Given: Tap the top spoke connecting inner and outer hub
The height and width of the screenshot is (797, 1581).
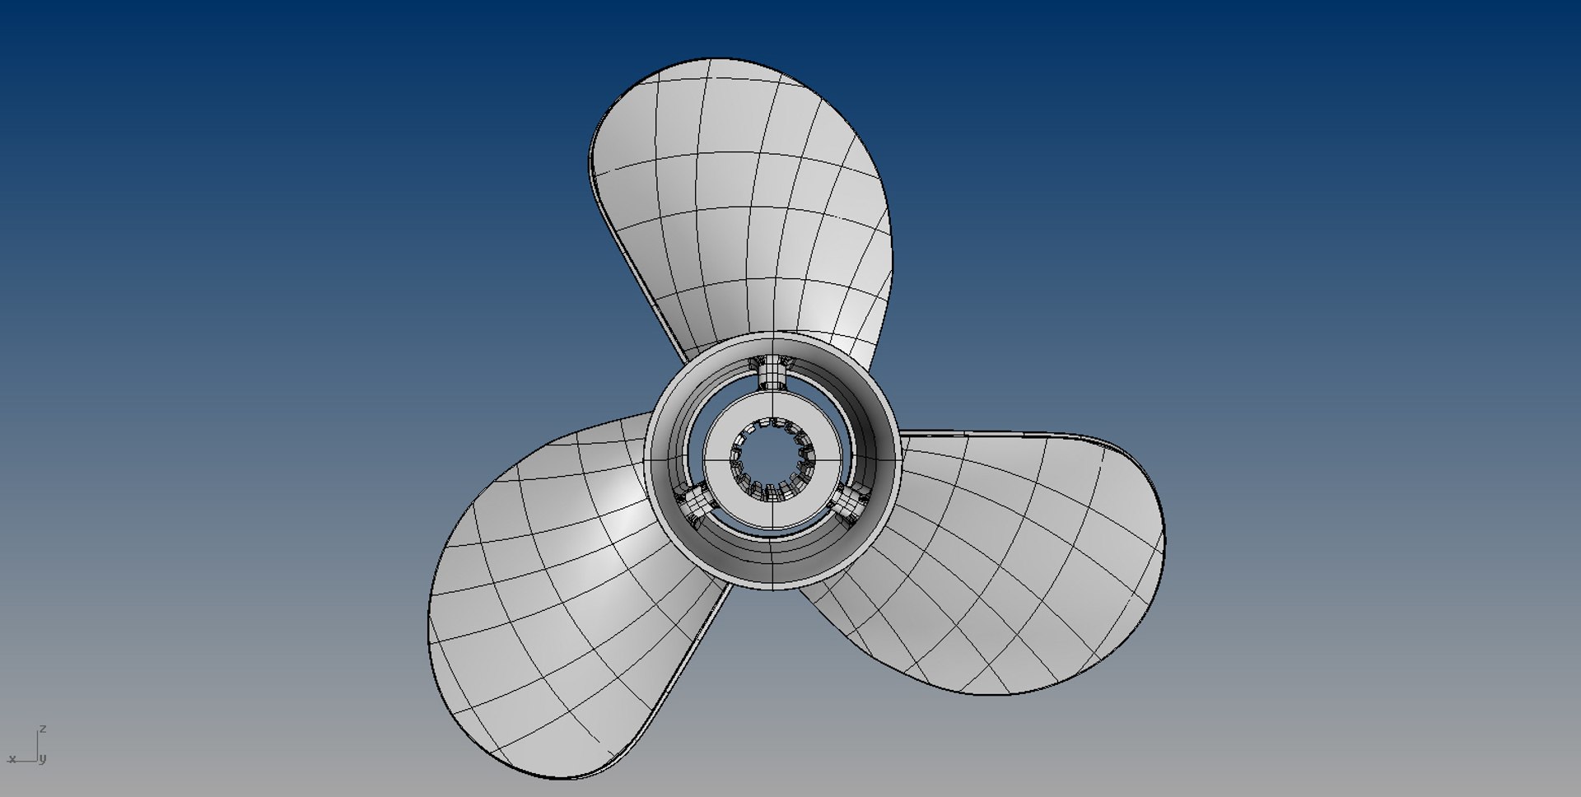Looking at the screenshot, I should click(x=772, y=375).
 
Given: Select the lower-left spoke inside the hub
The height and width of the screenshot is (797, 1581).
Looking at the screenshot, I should click(x=693, y=502).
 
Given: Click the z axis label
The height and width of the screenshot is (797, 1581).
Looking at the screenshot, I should click(x=43, y=729).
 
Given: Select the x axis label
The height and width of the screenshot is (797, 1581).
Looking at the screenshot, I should click(x=12, y=758).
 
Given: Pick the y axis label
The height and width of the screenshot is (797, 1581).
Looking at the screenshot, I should click(x=43, y=758).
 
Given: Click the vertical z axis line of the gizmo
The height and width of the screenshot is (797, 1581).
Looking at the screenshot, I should click(x=36, y=745).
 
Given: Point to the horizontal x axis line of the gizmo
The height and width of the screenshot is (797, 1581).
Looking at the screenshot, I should click(x=25, y=760).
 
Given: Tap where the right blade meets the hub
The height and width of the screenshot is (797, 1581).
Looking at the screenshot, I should click(x=900, y=461).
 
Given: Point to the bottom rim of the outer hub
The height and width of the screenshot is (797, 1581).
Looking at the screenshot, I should click(x=772, y=582).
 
